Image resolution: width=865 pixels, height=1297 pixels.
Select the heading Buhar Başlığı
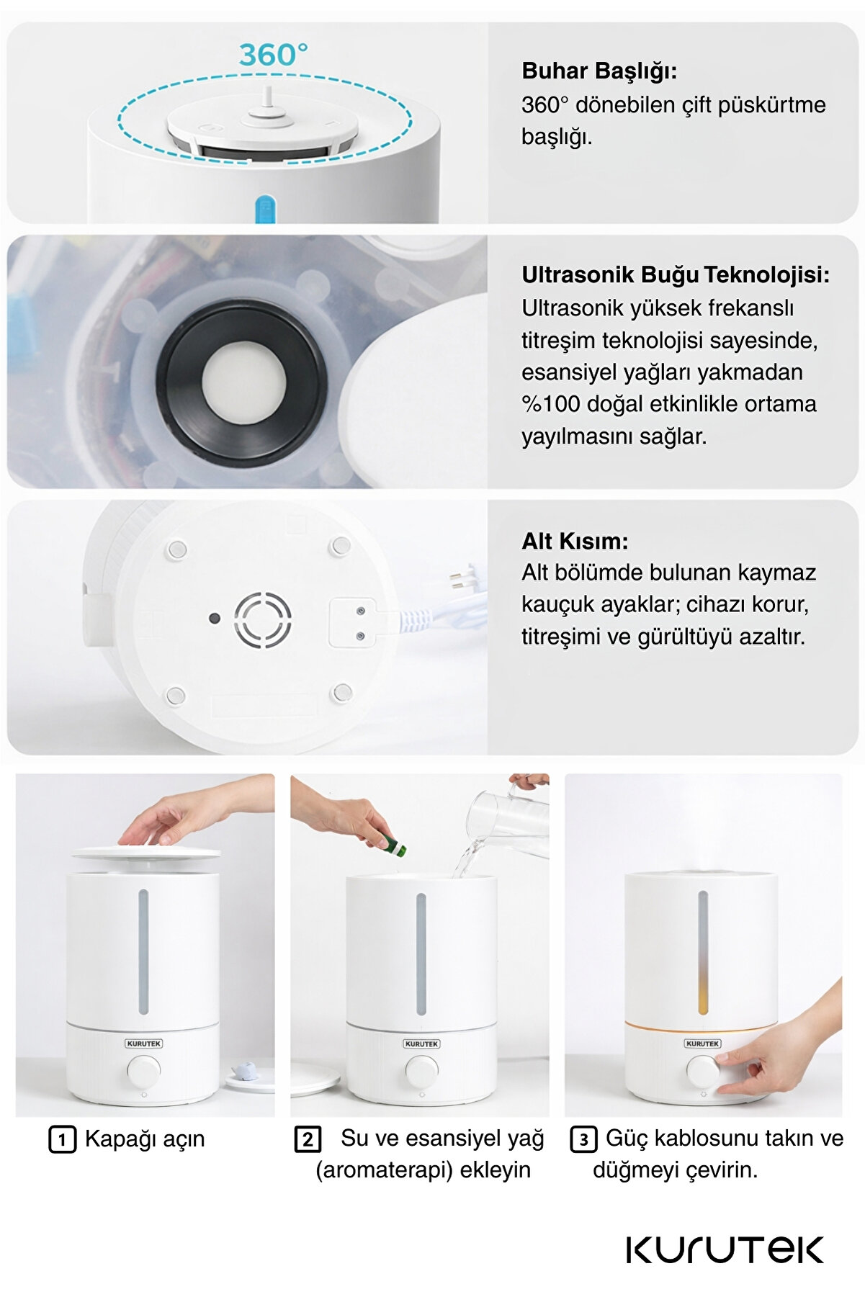coord(599,71)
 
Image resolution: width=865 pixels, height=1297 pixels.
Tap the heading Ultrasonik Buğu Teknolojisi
coord(676,275)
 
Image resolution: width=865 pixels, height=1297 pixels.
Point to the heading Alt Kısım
coord(575,541)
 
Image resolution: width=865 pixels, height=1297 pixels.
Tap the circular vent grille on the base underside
coord(263,619)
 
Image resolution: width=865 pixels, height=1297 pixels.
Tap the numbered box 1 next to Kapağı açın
coord(62,1139)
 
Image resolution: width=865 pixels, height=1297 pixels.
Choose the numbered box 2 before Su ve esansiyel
coord(308,1139)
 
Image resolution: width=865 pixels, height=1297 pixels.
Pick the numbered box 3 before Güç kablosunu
coord(583,1139)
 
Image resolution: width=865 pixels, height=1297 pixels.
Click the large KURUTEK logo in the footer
coord(725,1249)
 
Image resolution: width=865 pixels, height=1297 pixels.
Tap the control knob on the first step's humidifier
coord(144,1070)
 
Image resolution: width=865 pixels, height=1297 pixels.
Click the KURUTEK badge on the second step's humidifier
coord(421,1044)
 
